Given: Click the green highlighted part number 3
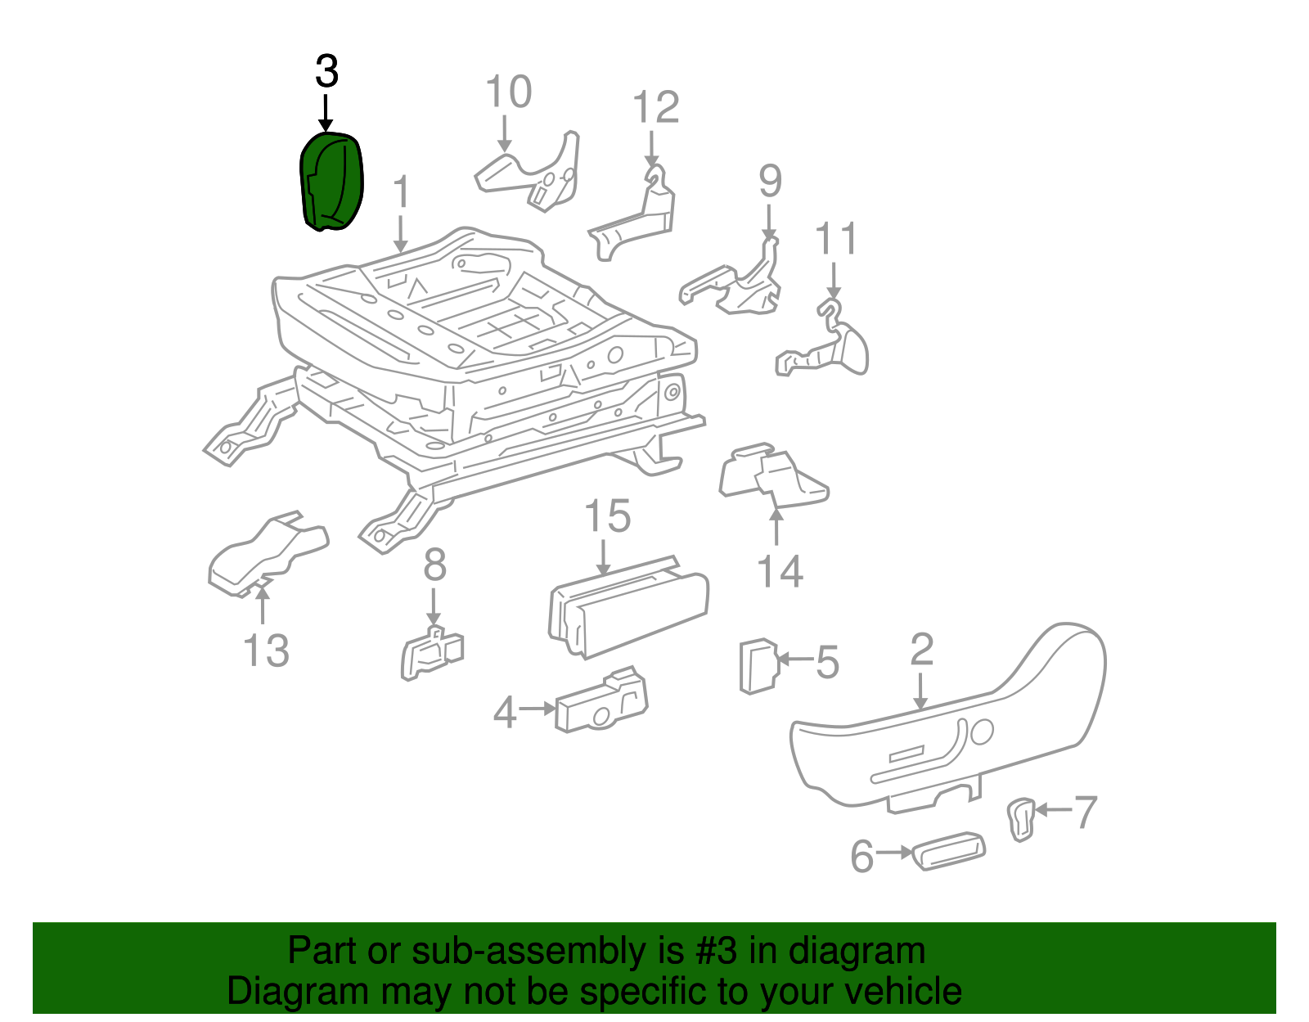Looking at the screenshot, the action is coord(331,182).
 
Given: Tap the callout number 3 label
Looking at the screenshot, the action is coord(326,71).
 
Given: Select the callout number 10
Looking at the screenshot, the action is coord(508,92).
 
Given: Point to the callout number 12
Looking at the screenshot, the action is coord(656,106).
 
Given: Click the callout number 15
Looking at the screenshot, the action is coord(607,516).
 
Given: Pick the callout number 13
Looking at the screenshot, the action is coord(266,651).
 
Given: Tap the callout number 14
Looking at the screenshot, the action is coord(780,571).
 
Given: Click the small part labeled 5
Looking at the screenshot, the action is coord(759,666).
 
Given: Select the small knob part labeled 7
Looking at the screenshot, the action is coord(1021,819).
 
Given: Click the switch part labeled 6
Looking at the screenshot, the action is coord(949,851).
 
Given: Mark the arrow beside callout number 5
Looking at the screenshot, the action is coord(795,660).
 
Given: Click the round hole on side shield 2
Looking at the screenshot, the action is coord(983,732).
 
